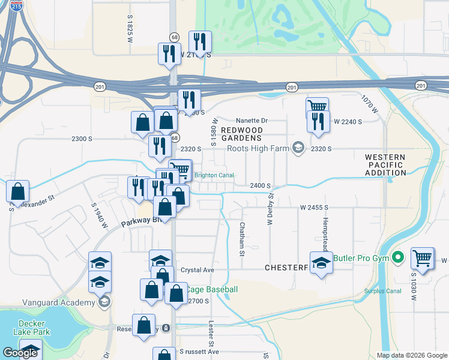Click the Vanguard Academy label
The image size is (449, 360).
click(51, 302)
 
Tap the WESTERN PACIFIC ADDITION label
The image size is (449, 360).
click(385, 164)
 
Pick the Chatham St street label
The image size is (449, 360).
click(242, 239)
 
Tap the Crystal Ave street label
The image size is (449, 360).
click(197, 270)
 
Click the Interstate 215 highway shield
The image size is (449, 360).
click(17, 6)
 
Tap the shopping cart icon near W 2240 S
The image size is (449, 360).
click(317, 106)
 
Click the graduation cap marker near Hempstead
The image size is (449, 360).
click(321, 262)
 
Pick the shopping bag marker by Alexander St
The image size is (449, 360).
click(18, 191)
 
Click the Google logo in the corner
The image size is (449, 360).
click(20, 353)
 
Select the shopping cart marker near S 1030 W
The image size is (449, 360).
click(423, 258)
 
